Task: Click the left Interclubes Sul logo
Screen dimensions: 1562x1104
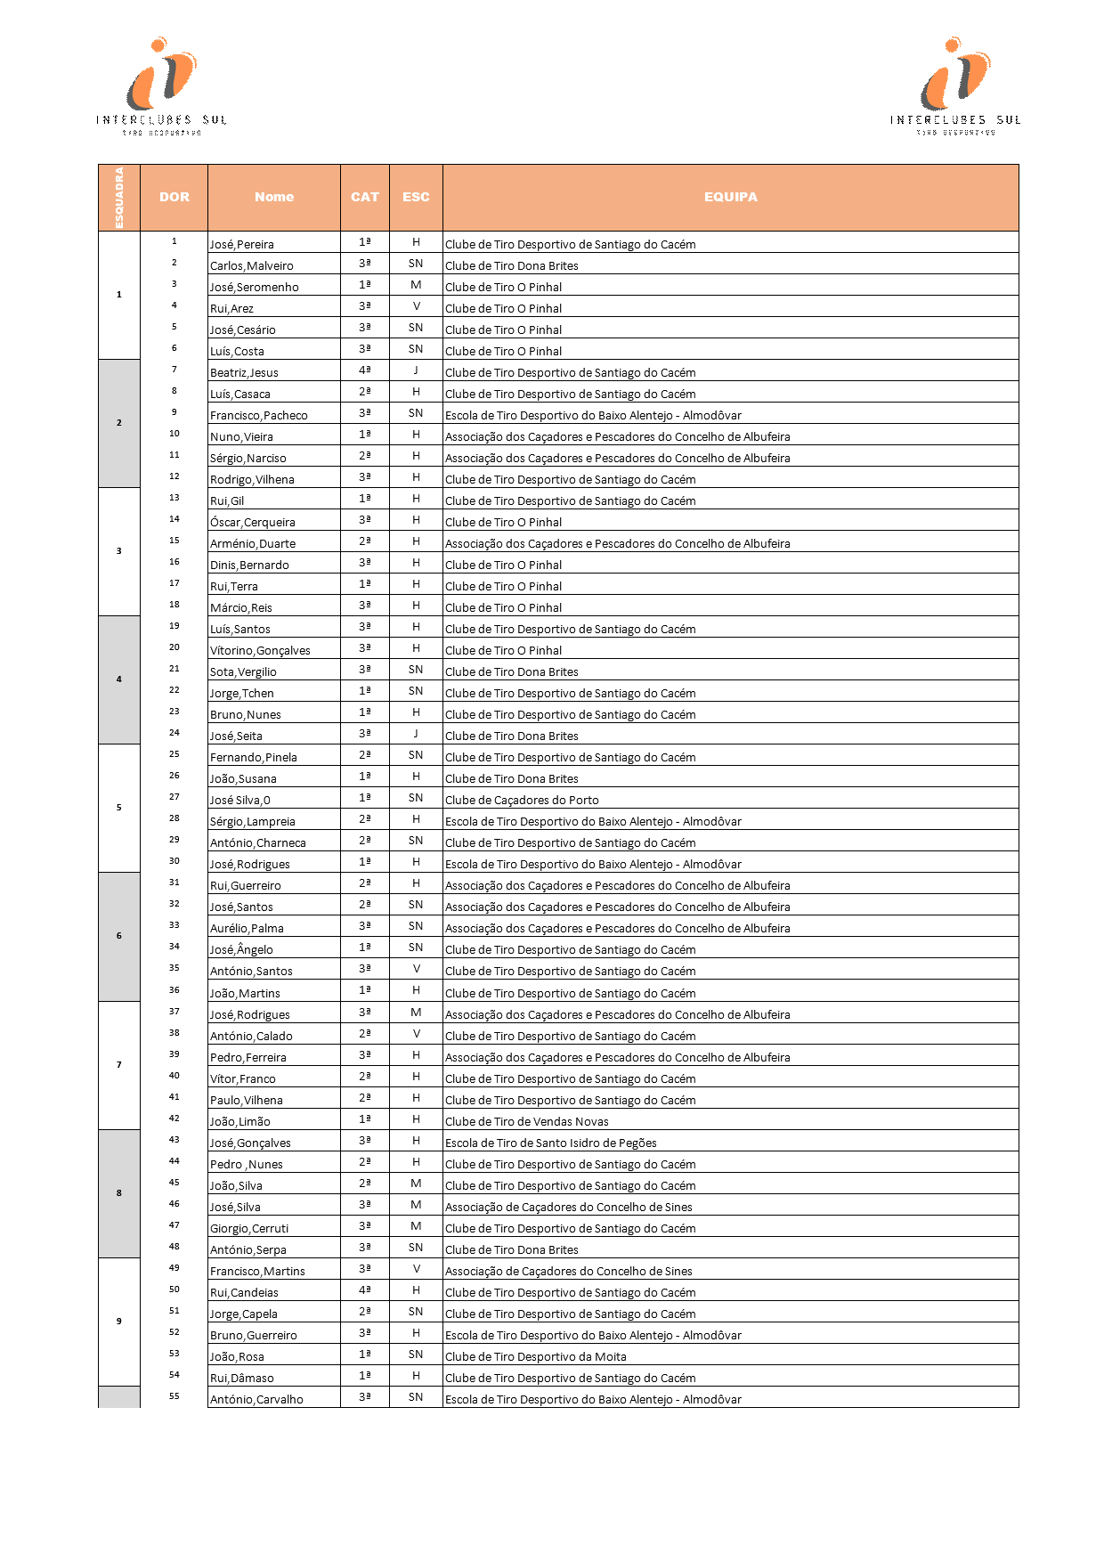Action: click(161, 85)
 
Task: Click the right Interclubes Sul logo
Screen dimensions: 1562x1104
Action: click(955, 85)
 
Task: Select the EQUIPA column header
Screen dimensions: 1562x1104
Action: click(730, 197)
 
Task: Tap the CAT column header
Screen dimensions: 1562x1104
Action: click(365, 197)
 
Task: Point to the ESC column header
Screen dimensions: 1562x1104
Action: click(416, 197)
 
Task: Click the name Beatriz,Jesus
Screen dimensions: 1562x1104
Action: click(244, 373)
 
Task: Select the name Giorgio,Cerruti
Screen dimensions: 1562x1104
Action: click(249, 1229)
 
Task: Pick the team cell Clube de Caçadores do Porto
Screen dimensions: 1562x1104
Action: click(522, 801)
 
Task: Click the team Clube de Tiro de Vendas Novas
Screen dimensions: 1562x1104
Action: click(527, 1122)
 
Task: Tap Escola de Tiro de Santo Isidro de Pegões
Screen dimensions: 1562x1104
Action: click(551, 1143)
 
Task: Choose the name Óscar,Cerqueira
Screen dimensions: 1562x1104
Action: click(253, 523)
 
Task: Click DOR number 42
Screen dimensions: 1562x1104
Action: click(175, 1119)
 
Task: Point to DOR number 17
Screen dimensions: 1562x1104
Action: click(175, 583)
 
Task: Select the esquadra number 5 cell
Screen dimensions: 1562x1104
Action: click(119, 808)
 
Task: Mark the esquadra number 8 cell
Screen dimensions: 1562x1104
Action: click(119, 1193)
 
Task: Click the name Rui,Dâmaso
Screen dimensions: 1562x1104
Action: click(242, 1379)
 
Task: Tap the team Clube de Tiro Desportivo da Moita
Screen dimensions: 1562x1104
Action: click(536, 1357)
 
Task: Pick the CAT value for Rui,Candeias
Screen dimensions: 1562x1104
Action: click(365, 1290)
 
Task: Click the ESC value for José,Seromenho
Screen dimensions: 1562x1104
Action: click(416, 285)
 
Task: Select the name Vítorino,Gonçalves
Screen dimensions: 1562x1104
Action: click(260, 651)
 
